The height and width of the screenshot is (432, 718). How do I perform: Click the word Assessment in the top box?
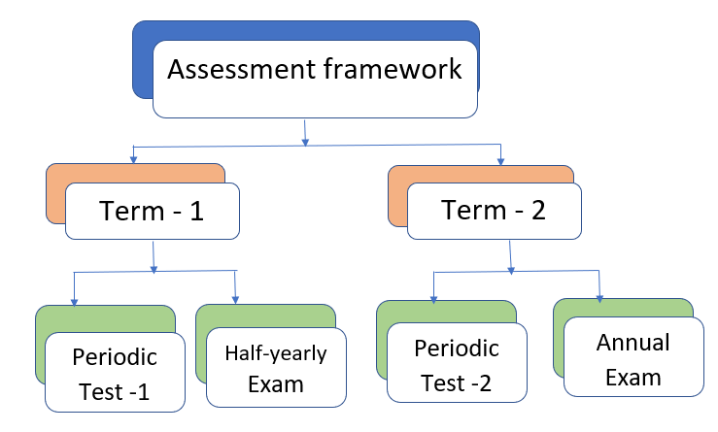(241, 70)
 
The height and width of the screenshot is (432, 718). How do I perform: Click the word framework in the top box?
(393, 69)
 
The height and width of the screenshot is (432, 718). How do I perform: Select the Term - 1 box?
(153, 211)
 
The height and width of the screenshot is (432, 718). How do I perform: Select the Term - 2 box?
(495, 211)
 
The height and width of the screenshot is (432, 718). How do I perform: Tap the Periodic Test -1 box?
(115, 372)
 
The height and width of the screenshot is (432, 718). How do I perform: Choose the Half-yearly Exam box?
(276, 367)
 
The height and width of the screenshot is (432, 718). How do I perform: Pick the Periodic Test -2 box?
(457, 362)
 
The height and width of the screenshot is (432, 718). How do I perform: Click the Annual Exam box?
(633, 356)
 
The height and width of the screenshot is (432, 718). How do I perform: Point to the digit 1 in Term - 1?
(196, 212)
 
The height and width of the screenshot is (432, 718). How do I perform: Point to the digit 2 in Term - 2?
(538, 211)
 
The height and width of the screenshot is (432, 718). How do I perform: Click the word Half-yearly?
(276, 353)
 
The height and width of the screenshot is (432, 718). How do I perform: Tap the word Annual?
(633, 343)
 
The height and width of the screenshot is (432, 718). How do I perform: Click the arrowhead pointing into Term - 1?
(133, 159)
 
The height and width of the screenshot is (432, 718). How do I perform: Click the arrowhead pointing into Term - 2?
(500, 160)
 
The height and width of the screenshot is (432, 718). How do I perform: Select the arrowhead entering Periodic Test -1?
(74, 302)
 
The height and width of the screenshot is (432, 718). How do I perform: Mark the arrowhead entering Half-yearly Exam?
(235, 300)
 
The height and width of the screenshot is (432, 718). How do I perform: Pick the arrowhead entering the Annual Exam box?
(599, 298)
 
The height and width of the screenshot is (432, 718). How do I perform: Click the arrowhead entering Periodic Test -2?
(433, 299)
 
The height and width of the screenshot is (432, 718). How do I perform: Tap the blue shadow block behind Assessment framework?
(143, 59)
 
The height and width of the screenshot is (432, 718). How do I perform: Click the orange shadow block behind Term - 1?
(55, 193)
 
